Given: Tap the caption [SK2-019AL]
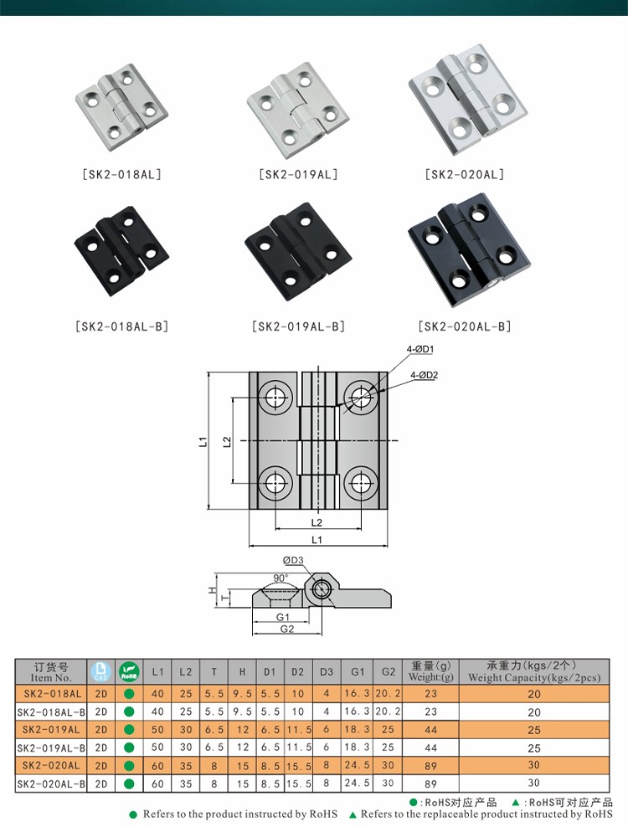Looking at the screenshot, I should pos(299,175).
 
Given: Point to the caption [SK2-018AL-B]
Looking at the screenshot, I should pos(121,326).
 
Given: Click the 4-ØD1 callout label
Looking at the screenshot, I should pos(420,348).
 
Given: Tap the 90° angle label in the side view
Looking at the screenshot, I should pos(280,578).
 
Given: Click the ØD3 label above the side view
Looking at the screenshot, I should pos(292,560).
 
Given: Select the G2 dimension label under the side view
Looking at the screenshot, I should pos(286,629).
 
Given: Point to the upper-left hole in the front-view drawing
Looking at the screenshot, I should pos(275,396).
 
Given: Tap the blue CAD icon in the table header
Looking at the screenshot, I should pos(100,671).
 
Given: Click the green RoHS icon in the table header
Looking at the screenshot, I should pos(129,671).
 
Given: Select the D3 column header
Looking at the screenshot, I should pos(327,671).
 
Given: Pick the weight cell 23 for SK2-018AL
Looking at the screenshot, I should pos(431,694).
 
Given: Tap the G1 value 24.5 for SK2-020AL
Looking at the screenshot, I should pos(358,765).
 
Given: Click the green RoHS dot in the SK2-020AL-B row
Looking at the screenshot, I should pos(129,783).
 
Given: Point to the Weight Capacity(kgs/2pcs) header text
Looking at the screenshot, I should pos(534,677).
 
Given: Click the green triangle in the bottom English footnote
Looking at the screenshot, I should pos(353,814).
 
